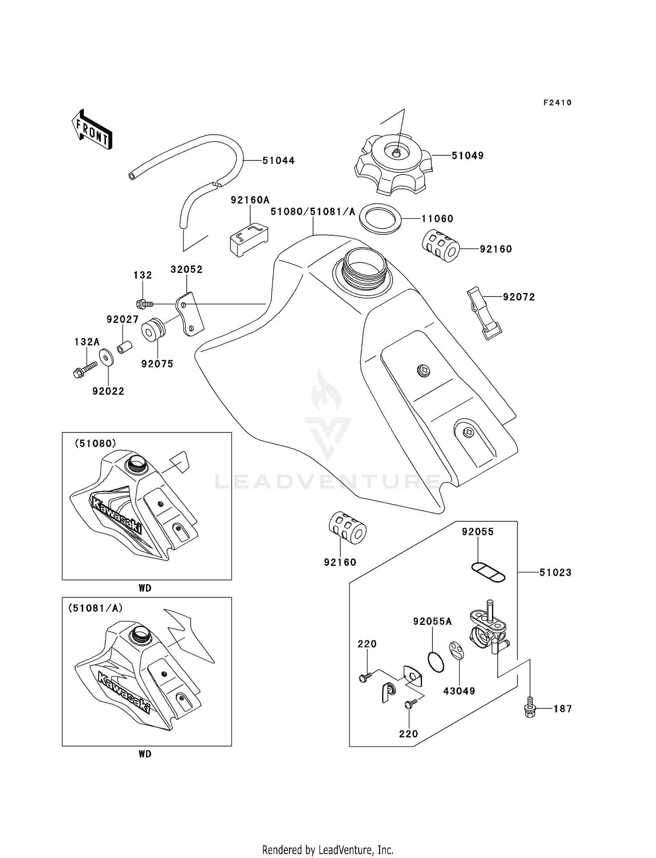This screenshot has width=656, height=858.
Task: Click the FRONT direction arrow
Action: click(x=92, y=129)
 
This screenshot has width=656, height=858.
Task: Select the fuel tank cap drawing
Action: click(x=393, y=165)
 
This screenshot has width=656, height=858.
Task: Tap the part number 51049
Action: click(x=468, y=156)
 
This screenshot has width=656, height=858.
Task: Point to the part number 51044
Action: click(x=279, y=160)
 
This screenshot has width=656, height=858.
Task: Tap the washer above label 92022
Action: click(x=106, y=357)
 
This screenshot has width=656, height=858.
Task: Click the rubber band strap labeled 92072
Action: click(x=484, y=313)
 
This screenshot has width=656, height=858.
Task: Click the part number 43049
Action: click(x=459, y=691)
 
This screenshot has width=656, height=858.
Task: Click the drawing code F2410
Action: click(x=557, y=103)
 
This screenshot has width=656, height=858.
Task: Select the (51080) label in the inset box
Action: click(x=95, y=443)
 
